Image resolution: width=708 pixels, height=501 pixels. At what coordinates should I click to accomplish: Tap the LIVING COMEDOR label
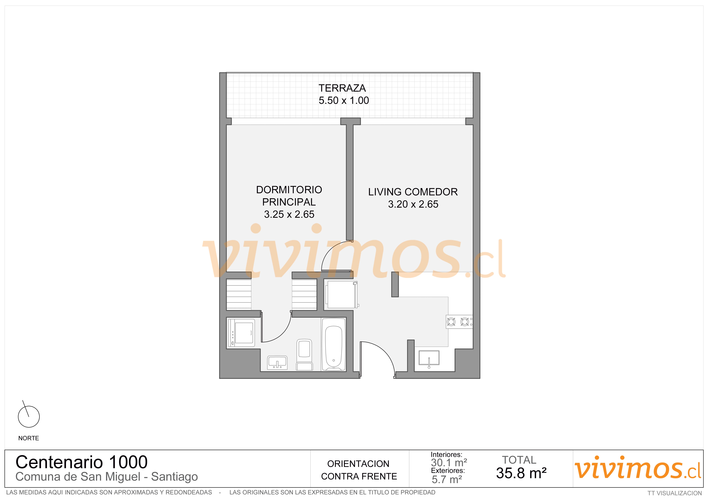(413, 192)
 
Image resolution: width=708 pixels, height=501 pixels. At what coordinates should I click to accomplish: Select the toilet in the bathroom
(304, 355)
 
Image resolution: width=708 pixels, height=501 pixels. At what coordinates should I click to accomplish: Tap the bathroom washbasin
(277, 362)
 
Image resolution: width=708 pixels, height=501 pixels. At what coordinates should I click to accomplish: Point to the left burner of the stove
(451, 322)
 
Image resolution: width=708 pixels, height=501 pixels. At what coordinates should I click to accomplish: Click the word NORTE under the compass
(29, 438)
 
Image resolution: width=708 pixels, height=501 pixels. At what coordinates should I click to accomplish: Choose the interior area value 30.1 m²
(449, 463)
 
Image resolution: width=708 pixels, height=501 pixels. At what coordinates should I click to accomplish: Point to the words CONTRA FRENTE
(359, 477)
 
